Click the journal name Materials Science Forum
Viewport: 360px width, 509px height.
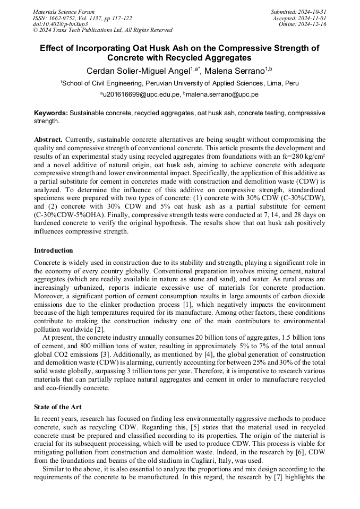pos(64,11)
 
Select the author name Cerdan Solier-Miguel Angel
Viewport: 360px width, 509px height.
pos(139,72)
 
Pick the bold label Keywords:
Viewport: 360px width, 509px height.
pos(51,113)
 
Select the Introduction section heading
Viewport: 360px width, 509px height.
pos(54,250)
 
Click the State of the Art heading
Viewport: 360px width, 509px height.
pos(58,407)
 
